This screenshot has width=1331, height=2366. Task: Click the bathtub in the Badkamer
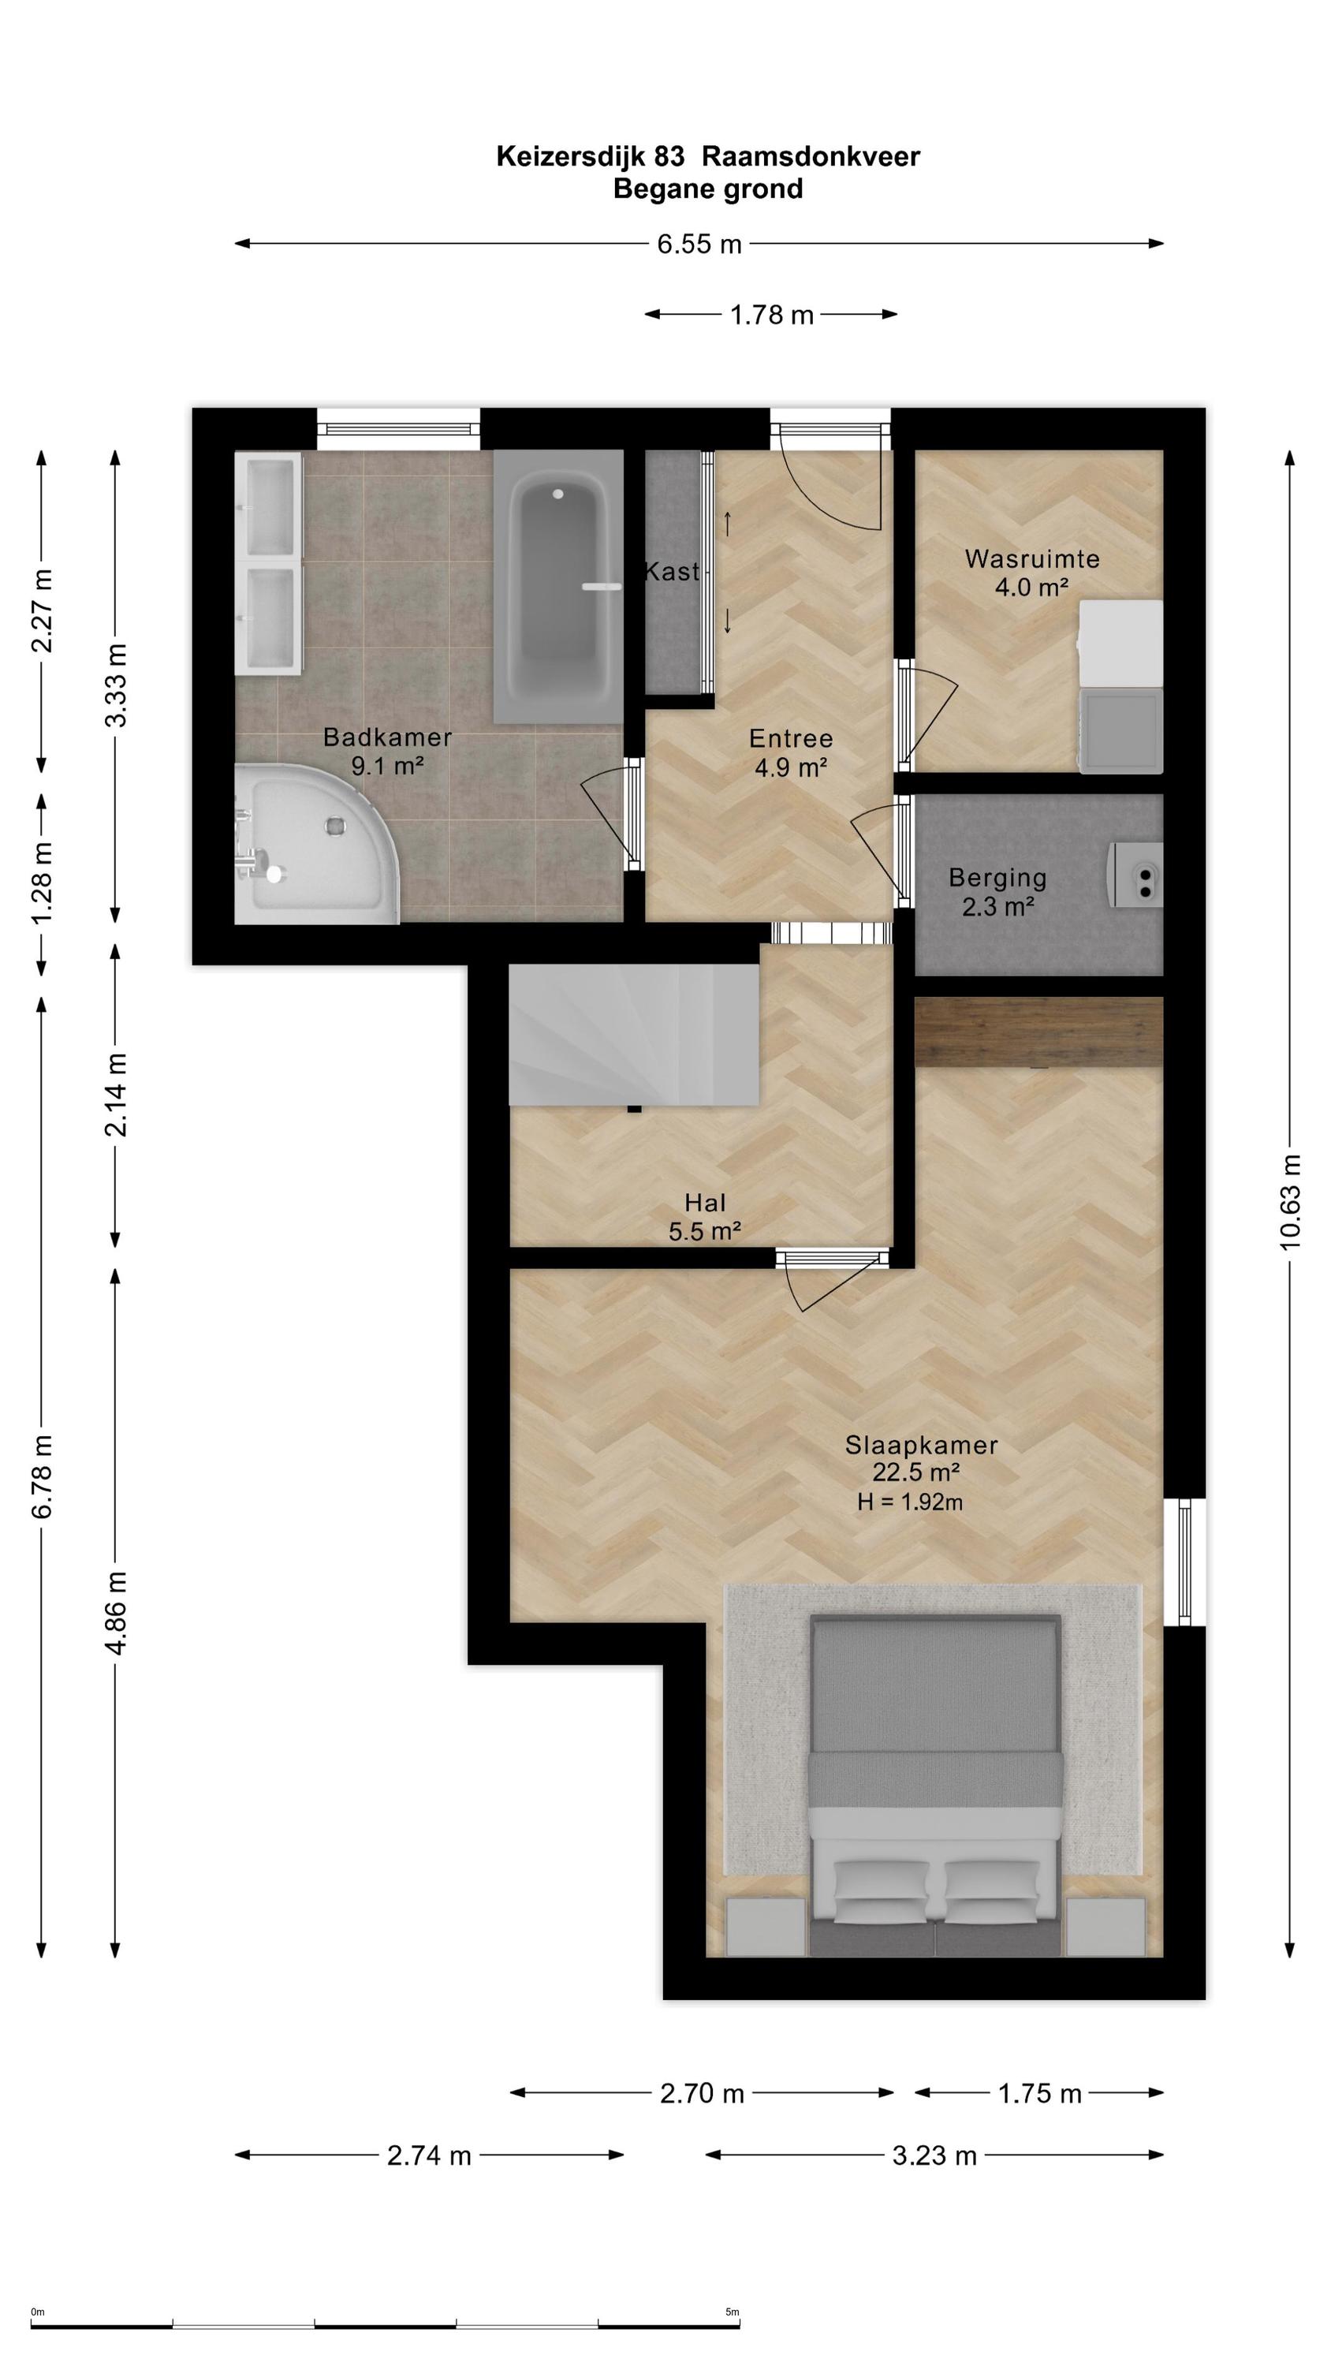558,586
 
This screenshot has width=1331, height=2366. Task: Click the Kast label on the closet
673,571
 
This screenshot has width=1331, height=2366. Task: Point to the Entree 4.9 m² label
791,752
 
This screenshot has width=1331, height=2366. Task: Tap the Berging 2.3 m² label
997,892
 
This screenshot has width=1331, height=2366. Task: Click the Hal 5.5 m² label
705,1216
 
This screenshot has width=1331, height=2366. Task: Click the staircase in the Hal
634,1033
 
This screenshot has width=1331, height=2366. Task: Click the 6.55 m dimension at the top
699,244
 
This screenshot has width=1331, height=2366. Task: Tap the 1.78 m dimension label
772,315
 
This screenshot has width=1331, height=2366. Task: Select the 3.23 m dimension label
934,2155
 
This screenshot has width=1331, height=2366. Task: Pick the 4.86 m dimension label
116,1612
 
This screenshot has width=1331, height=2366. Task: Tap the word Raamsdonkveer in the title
810,157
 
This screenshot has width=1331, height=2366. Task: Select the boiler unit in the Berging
1135,875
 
